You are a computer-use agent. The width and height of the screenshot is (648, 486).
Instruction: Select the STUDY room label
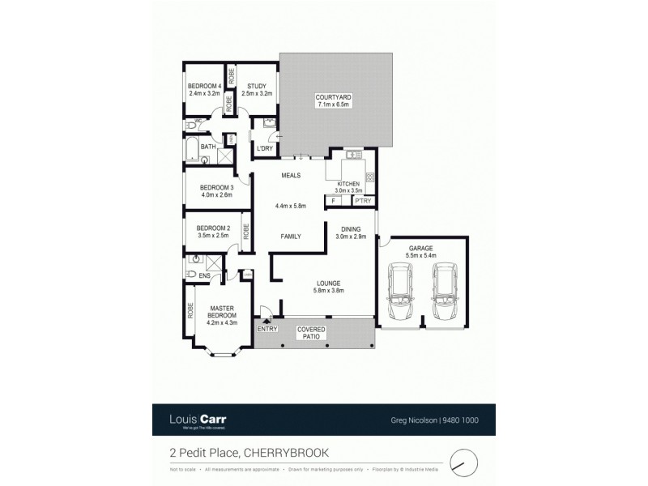point(257,86)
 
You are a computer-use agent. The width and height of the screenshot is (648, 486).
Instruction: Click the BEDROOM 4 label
point(204,86)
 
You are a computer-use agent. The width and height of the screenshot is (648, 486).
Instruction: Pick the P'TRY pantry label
point(363,200)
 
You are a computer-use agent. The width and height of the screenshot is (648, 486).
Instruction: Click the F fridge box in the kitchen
point(334,200)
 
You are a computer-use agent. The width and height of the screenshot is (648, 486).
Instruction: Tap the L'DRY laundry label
point(263,149)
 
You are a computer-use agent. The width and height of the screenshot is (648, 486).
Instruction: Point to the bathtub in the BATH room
point(193,150)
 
